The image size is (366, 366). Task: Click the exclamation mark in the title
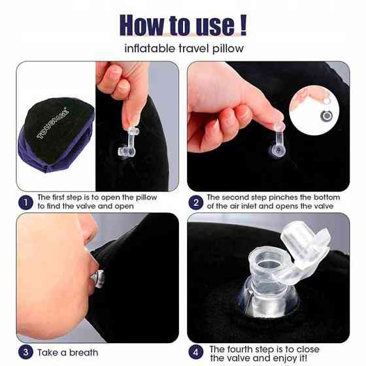click(243, 25)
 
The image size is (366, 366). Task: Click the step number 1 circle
click(25, 203)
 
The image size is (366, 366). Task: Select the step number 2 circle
click(195, 203)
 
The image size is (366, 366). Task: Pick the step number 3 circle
click(25, 352)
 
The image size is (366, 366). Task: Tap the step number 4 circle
click(195, 352)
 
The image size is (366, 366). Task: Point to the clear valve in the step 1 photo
click(128, 143)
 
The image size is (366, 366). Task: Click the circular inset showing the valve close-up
click(314, 110)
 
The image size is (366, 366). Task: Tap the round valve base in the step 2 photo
click(278, 150)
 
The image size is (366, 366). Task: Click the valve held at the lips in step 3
click(97, 278)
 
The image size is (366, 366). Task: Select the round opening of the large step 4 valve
click(269, 264)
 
